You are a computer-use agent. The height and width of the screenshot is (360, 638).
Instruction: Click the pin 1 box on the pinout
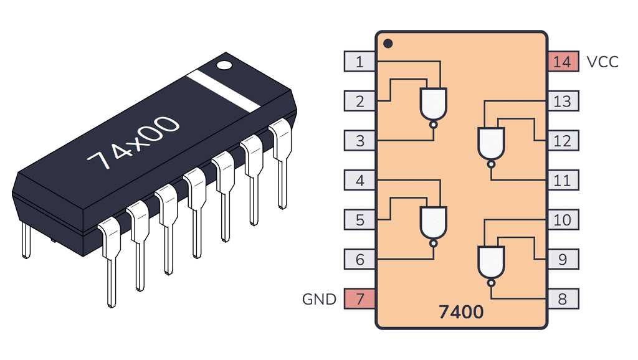(x=359, y=62)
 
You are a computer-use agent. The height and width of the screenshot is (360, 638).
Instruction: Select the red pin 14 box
(x=562, y=62)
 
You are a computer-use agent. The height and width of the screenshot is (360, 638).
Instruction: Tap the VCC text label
(x=602, y=62)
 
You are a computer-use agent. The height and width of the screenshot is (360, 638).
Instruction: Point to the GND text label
(x=319, y=299)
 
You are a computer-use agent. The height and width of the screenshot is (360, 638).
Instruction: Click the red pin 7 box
(x=359, y=299)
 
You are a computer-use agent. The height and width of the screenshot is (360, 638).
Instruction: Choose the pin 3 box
(x=359, y=141)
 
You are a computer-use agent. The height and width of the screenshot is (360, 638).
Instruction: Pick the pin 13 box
(x=562, y=101)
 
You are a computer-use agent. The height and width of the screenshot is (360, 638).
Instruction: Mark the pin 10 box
(x=562, y=220)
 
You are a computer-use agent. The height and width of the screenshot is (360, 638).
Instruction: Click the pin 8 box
(x=562, y=299)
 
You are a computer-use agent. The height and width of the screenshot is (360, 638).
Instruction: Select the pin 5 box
(x=359, y=220)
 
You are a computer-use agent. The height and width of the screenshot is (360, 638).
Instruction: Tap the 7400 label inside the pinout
(x=460, y=311)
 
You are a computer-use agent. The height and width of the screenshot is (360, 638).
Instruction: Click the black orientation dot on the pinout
(x=388, y=44)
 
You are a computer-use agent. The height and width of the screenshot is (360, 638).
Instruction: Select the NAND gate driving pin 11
(x=491, y=143)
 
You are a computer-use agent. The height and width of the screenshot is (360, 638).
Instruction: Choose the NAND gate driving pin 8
(x=491, y=262)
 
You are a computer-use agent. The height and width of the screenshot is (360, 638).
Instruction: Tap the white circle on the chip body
(x=224, y=64)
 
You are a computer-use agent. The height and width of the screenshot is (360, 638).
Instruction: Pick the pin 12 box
(x=562, y=141)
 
